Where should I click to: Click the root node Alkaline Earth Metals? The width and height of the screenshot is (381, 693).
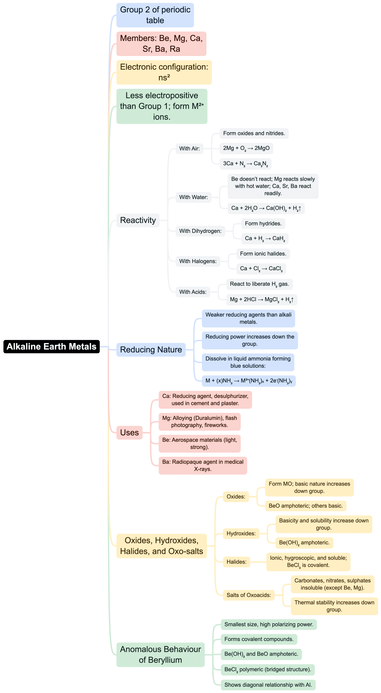51,346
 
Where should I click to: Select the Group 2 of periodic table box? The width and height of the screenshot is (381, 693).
155,15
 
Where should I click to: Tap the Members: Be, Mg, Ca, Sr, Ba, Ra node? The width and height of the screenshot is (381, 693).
161,44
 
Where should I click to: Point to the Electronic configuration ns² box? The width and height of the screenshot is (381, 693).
164,72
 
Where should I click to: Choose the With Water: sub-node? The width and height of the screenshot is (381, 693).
193,197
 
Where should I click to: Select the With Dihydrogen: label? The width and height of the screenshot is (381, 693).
200,231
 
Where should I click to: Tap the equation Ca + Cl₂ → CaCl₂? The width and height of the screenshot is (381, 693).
261,269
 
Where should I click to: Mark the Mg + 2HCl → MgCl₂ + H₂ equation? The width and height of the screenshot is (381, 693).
261,300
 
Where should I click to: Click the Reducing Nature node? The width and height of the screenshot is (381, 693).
151,350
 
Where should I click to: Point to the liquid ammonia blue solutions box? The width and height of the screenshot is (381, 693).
248,362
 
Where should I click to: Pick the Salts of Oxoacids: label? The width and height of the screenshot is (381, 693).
248,595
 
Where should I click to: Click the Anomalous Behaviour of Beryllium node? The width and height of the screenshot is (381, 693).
160,655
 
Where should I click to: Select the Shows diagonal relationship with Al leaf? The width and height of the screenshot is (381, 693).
268,685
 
